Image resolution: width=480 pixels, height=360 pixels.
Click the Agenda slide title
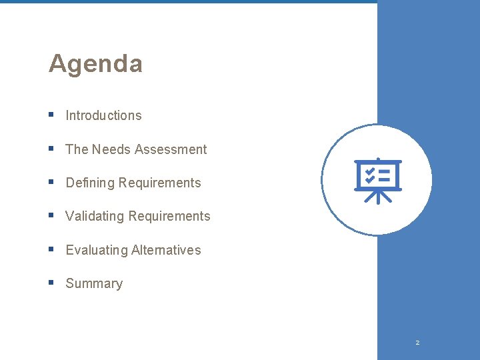point(95,64)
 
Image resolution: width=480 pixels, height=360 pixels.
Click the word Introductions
point(103,115)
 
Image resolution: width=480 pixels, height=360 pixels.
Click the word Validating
point(95,216)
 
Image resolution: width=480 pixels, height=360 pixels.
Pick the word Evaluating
point(97,250)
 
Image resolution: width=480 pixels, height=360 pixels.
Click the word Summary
point(94,283)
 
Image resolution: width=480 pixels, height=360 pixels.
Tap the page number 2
point(417,343)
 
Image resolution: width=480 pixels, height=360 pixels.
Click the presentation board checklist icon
point(377,180)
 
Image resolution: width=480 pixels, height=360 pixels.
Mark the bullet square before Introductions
point(51,115)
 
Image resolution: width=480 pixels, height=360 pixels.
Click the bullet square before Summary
point(51,283)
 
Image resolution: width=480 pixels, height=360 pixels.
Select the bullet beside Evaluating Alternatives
point(51,249)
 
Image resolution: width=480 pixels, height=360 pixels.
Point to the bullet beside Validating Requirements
point(51,215)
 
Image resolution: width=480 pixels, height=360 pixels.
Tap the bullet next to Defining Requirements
point(51,182)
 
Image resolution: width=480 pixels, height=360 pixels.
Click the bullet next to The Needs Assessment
point(51,149)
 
